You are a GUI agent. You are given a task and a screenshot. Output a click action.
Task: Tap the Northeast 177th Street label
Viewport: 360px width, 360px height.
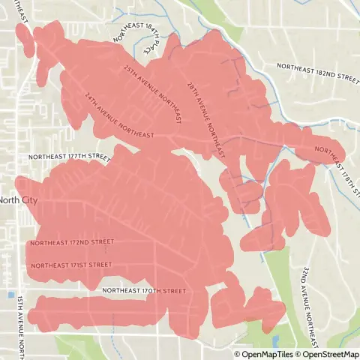tap(68, 157)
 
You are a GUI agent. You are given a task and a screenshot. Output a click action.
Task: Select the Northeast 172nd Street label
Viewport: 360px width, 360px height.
tap(72, 242)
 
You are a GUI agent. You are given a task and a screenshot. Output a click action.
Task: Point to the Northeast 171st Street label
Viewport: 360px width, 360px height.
tap(70, 265)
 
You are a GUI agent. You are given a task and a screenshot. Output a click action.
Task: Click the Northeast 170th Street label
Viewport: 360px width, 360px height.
tap(143, 289)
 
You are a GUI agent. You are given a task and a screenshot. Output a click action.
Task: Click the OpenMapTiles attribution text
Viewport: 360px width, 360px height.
tap(265, 355)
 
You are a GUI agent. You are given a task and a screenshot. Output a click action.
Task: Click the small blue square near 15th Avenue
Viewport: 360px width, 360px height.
tap(11, 295)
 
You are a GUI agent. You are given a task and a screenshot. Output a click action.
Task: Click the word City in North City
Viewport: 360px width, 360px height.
tap(28, 200)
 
